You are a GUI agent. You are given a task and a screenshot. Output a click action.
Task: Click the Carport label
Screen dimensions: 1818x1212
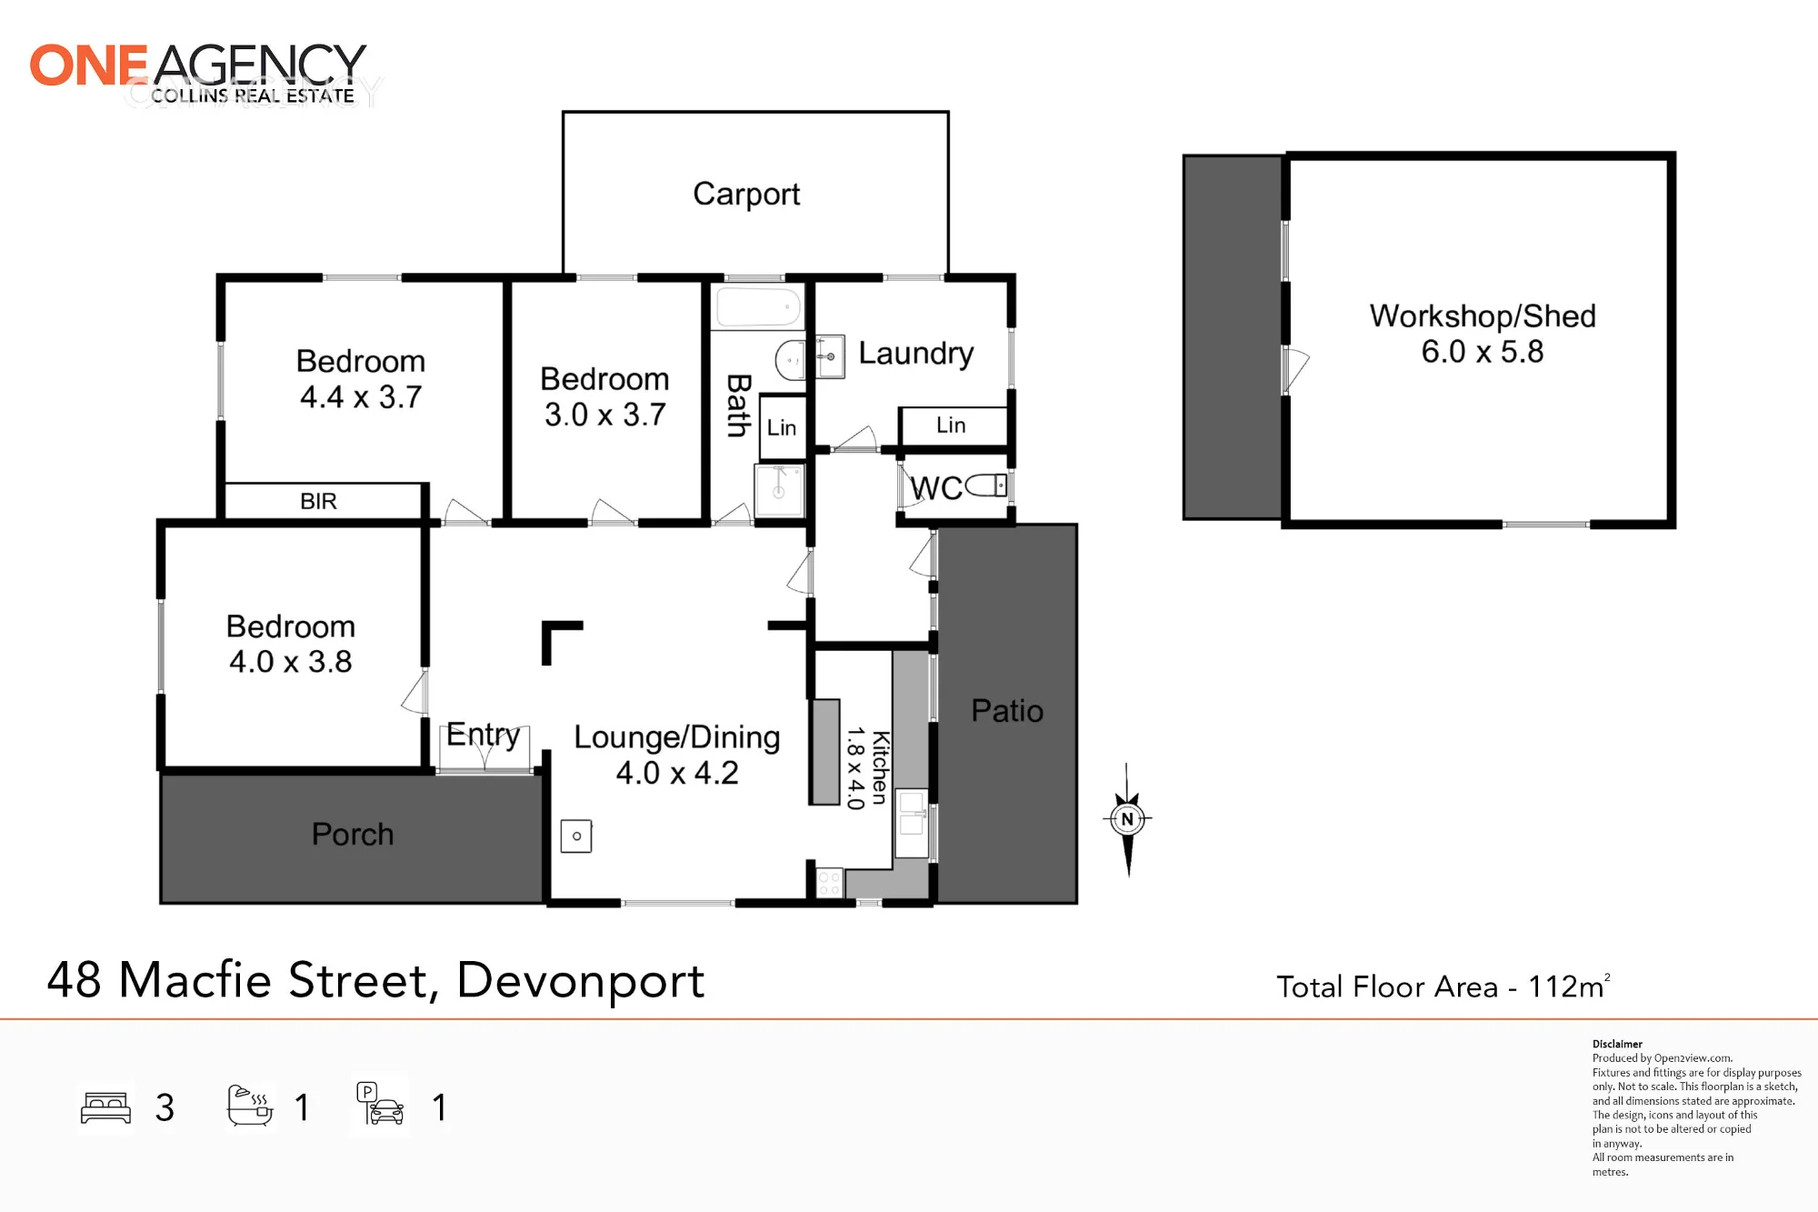(x=746, y=194)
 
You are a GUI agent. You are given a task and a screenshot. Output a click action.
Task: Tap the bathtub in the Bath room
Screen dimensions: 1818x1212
(x=759, y=306)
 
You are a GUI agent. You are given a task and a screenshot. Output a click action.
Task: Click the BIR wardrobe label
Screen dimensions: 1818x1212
(x=318, y=501)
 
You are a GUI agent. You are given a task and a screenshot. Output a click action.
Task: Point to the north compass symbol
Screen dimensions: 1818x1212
(x=1127, y=819)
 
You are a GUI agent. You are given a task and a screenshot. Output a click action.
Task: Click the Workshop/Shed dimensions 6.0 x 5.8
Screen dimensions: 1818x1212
(x=1483, y=352)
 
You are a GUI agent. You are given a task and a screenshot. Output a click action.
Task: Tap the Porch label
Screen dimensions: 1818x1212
(x=353, y=834)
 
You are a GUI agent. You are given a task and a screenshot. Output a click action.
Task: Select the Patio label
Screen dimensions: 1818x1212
(x=1007, y=710)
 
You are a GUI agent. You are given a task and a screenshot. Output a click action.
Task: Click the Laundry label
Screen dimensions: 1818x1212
(x=915, y=354)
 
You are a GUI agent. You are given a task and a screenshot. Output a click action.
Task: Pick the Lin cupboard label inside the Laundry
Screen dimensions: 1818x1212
(x=951, y=425)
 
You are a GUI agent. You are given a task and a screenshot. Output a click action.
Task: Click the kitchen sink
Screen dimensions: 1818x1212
(x=912, y=823)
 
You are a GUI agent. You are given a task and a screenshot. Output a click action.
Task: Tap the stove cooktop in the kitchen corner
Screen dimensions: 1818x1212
(x=829, y=883)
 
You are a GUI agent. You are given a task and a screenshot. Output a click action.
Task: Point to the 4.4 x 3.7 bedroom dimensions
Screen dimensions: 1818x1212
(x=361, y=397)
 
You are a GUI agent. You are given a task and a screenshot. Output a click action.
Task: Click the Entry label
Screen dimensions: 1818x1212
(x=483, y=735)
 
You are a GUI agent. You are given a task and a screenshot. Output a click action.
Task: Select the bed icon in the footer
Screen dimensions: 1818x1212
(x=106, y=1107)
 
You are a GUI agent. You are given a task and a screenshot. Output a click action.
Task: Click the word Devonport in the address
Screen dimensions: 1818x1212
(x=580, y=981)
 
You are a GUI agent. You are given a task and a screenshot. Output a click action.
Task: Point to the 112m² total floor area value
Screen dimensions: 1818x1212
(x=1569, y=986)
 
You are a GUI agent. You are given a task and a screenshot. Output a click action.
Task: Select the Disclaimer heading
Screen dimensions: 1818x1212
(x=1617, y=1044)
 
